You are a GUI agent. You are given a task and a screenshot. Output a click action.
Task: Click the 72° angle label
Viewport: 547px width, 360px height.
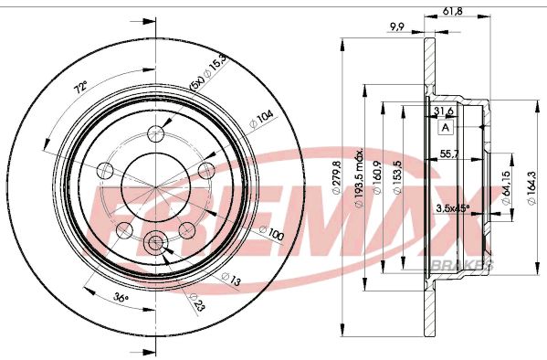coord(80,88)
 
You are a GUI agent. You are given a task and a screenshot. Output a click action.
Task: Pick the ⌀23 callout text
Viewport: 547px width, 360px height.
coord(195,301)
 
